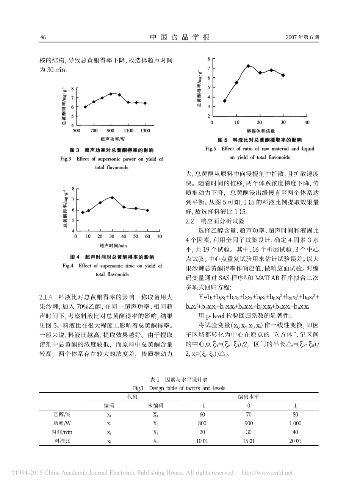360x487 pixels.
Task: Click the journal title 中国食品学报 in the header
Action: click(x=180, y=37)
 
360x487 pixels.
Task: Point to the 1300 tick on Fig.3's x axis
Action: click(x=145, y=131)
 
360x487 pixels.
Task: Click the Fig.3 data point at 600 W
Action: click(x=85, y=107)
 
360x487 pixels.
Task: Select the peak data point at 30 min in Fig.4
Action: click(x=112, y=197)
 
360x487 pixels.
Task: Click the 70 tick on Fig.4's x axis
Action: click(x=160, y=236)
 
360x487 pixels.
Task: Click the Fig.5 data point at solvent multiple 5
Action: click(x=225, y=101)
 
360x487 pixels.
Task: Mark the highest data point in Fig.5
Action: click(x=248, y=66)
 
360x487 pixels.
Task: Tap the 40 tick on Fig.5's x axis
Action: click(x=307, y=122)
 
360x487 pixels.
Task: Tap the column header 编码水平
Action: click(x=249, y=396)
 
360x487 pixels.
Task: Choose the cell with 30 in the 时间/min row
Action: click(x=249, y=432)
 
